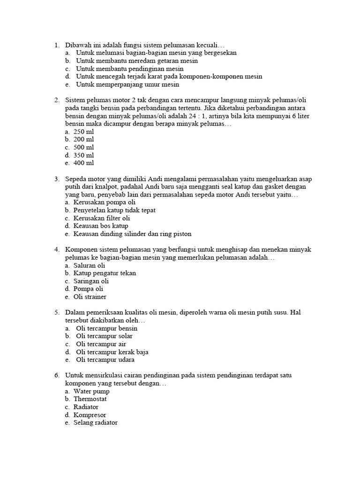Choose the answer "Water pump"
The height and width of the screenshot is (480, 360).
pyautogui.click(x=91, y=391)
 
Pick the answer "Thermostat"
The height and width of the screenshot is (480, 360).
pyautogui.click(x=90, y=399)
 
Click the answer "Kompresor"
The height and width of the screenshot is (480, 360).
pyautogui.click(x=90, y=415)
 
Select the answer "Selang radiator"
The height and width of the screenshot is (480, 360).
pyautogui.click(x=96, y=423)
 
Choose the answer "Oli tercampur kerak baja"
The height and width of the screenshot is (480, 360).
pyautogui.click(x=112, y=352)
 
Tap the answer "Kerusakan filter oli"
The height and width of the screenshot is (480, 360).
pyautogui.click(x=102, y=218)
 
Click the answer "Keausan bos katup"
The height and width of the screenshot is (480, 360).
pyautogui.click(x=101, y=226)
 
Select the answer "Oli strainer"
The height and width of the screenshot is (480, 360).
pyautogui.click(x=90, y=297)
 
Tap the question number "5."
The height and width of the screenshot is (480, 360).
pyautogui.click(x=57, y=312)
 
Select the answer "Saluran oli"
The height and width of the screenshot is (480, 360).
pyautogui.click(x=90, y=265)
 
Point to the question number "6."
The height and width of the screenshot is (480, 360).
pyautogui.click(x=57, y=375)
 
